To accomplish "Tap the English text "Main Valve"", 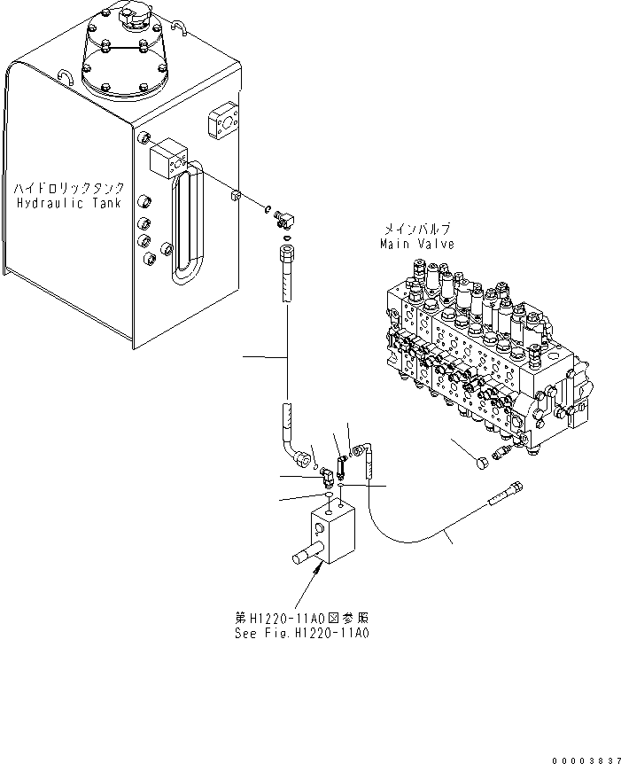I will (416, 243).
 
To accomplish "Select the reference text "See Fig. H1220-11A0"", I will (301, 634).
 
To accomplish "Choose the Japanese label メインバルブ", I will (415, 230).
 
